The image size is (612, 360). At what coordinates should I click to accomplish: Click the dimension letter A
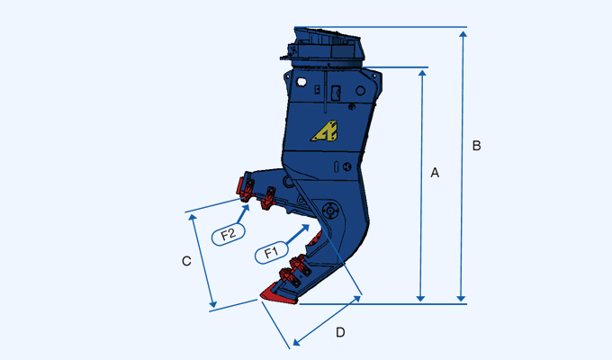click(x=435, y=172)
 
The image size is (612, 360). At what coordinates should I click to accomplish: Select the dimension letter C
click(x=186, y=261)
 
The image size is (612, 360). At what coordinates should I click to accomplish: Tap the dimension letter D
click(x=340, y=332)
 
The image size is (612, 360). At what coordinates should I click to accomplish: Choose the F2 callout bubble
click(x=229, y=234)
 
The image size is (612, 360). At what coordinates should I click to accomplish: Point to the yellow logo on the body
click(x=325, y=131)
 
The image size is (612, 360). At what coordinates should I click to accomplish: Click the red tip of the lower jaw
click(x=271, y=292)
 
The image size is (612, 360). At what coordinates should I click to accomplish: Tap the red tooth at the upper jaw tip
click(x=241, y=187)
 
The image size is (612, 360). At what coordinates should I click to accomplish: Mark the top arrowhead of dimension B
click(x=463, y=33)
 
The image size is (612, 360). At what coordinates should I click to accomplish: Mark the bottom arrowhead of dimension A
click(x=420, y=297)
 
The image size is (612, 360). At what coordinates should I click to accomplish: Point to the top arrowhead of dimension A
click(x=420, y=73)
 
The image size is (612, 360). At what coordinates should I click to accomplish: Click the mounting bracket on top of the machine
click(x=328, y=45)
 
